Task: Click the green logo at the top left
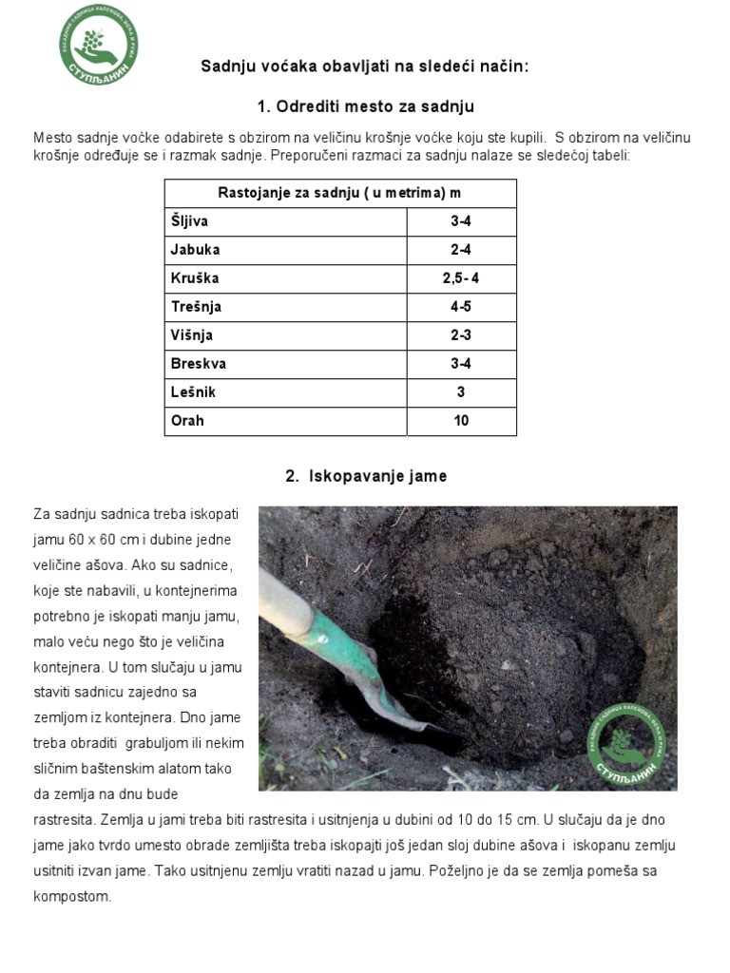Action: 98,45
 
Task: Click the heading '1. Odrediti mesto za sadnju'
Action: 365,105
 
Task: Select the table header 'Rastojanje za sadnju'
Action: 339,193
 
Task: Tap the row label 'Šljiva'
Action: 189,221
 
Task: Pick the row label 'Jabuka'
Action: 195,250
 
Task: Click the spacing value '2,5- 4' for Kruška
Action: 461,278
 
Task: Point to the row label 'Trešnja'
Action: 196,307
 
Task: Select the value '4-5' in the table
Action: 461,307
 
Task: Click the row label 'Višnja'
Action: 192,335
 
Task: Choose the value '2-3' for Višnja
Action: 461,335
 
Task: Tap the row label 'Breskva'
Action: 199,364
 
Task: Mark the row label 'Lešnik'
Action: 193,392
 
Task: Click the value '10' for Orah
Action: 461,421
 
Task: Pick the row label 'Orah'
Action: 187,421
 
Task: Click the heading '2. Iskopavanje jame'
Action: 365,476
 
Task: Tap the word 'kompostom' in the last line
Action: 72,895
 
